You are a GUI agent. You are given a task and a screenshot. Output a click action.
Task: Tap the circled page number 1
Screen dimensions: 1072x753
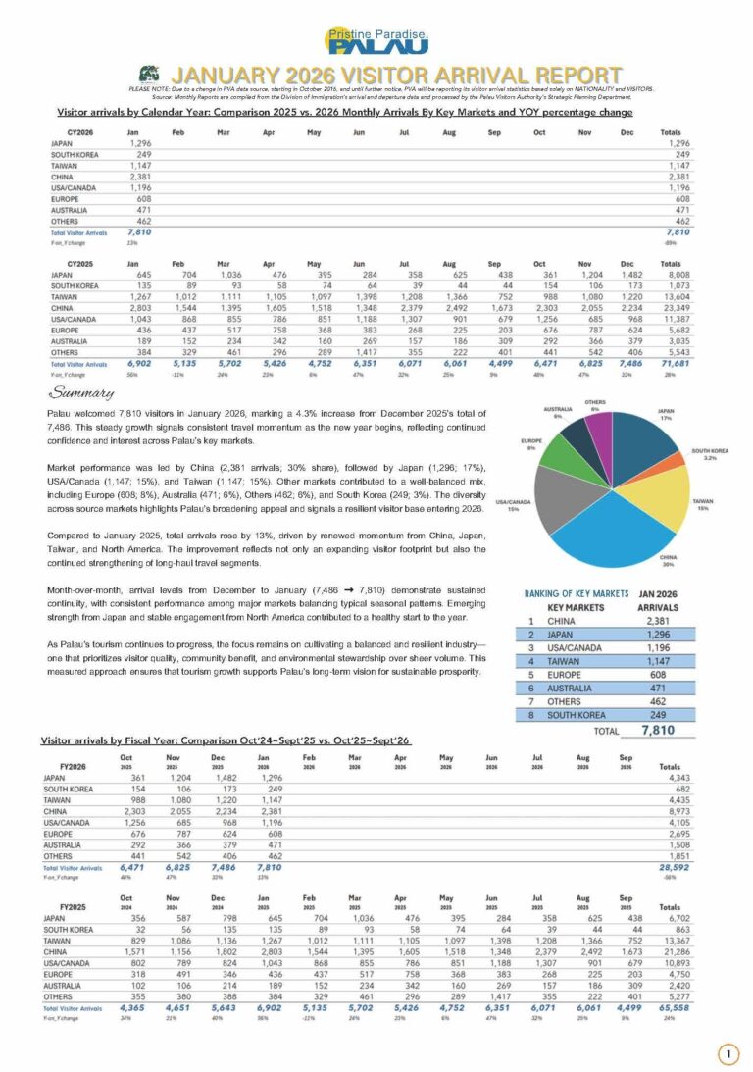pos(728,1054)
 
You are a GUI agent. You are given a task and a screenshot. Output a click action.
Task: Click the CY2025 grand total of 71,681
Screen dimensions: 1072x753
pos(671,364)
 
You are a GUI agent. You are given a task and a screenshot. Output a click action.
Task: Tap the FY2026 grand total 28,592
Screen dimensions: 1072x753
pos(671,867)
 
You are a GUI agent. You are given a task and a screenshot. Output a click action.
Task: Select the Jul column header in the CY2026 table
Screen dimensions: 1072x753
pos(403,131)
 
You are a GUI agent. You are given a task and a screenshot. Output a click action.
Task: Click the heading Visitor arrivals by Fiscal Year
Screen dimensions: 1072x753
pos(226,740)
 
